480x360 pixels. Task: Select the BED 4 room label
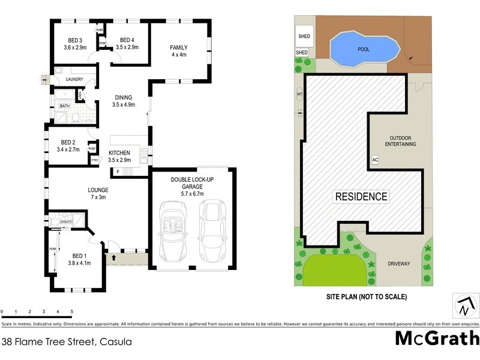pyautogui.click(x=127, y=40)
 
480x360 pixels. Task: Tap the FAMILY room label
pyautogui.click(x=179, y=47)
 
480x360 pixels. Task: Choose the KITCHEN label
pyautogui.click(x=120, y=153)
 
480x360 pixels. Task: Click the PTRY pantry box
pyautogui.click(x=94, y=160)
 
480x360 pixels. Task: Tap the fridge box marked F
pyautogui.click(x=118, y=173)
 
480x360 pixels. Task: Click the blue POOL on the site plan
pyautogui.click(x=363, y=48)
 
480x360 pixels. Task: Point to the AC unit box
pyautogui.click(x=375, y=160)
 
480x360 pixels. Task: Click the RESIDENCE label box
pyautogui.click(x=361, y=196)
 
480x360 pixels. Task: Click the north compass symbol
pyautogui.click(x=463, y=305)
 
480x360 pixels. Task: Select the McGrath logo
pyautogui.click(x=437, y=338)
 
